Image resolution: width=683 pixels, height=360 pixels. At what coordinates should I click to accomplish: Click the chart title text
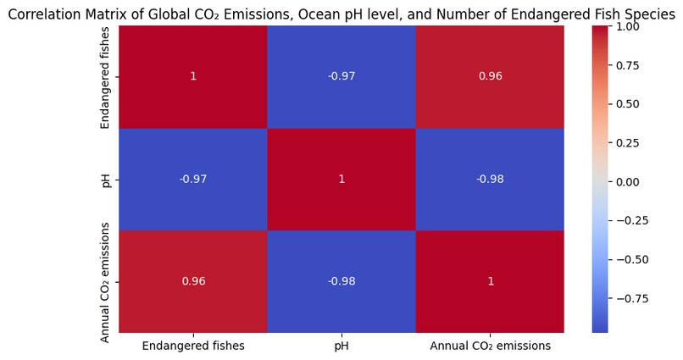click(341, 14)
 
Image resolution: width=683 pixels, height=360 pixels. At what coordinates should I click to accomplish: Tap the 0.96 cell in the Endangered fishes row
click(490, 76)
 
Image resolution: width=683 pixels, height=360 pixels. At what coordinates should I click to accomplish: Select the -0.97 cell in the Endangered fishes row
click(341, 76)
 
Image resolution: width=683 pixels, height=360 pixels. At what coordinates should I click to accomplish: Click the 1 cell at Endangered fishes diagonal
click(193, 76)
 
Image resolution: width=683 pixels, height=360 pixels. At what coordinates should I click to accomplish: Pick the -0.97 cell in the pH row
click(193, 180)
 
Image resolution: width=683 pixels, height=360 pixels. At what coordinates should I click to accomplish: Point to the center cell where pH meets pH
click(341, 180)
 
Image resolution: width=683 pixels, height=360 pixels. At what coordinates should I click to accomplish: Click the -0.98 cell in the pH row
click(490, 180)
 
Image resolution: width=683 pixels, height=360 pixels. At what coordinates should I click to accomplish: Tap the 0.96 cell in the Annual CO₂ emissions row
click(193, 281)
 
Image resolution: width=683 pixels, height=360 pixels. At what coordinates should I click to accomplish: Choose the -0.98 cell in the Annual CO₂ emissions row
click(341, 281)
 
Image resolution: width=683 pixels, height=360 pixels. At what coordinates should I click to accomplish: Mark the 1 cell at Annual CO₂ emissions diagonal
click(490, 281)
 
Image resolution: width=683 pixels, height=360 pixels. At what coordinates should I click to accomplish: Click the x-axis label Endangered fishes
click(193, 346)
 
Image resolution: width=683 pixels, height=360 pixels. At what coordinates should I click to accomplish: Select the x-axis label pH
click(341, 346)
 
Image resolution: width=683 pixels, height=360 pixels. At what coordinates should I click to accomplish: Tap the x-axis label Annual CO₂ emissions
click(490, 346)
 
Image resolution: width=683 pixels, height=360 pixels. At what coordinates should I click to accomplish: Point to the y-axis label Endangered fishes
click(105, 77)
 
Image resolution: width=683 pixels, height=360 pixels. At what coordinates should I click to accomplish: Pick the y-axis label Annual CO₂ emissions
click(105, 282)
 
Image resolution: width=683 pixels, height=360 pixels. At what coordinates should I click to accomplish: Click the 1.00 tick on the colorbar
click(626, 26)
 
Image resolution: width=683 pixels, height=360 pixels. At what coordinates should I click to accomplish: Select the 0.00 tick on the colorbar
click(626, 182)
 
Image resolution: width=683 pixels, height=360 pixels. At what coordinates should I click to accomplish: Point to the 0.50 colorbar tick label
click(626, 104)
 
